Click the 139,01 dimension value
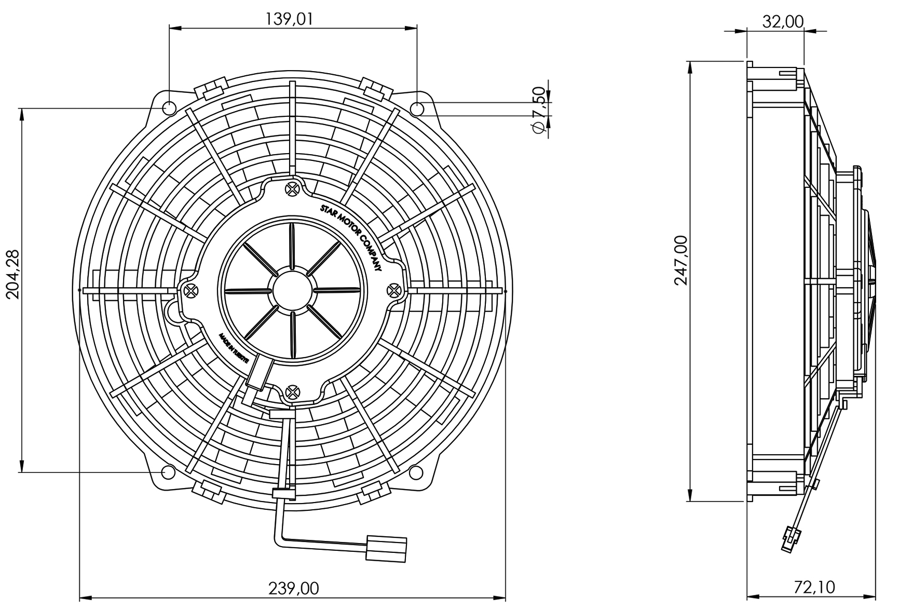click(x=290, y=19)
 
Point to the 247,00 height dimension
click(x=682, y=260)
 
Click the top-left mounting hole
click(x=169, y=109)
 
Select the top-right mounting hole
click(x=417, y=109)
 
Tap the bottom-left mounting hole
click(x=168, y=472)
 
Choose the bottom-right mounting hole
click(x=416, y=472)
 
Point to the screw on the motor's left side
click(x=191, y=290)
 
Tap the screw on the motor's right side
click(x=394, y=289)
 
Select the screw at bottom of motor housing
click(x=293, y=392)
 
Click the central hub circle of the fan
click(x=292, y=290)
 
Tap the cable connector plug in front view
click(x=386, y=548)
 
